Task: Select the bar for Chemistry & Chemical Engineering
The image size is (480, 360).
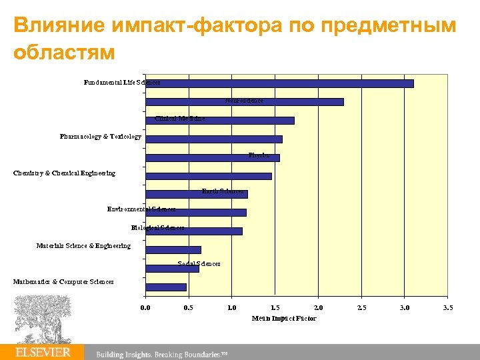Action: (x=208, y=176)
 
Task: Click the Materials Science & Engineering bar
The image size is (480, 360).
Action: (x=173, y=250)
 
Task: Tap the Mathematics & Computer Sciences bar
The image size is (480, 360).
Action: (x=165, y=287)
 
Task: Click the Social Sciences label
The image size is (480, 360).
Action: (x=199, y=264)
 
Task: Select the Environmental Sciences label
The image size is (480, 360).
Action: (x=141, y=209)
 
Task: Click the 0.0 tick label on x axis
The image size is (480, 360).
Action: (x=145, y=308)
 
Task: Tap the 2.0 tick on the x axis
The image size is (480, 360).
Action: (x=318, y=308)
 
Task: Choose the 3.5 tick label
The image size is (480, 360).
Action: (x=447, y=308)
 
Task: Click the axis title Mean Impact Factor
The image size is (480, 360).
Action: (x=284, y=319)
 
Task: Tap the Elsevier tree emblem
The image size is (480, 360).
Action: (x=43, y=319)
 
